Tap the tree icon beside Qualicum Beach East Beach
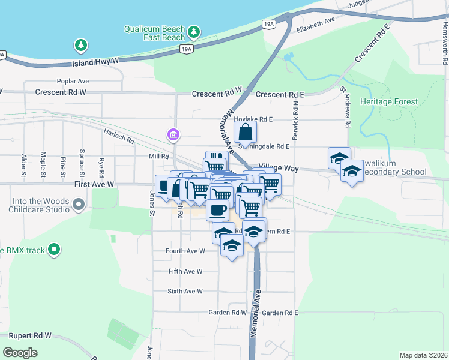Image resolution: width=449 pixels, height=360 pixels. point(193,31)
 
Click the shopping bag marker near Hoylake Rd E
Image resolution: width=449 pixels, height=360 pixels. point(245,131)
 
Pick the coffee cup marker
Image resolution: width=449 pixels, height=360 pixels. point(217,210)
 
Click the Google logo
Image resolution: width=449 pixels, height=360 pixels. point(20,353)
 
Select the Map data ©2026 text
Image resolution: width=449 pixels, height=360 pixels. point(423,355)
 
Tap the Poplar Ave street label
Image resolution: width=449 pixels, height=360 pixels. point(73,81)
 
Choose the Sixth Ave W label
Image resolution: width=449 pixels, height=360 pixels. point(185,291)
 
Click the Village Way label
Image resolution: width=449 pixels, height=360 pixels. point(279,169)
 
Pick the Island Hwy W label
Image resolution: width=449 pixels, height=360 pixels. point(97,62)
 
